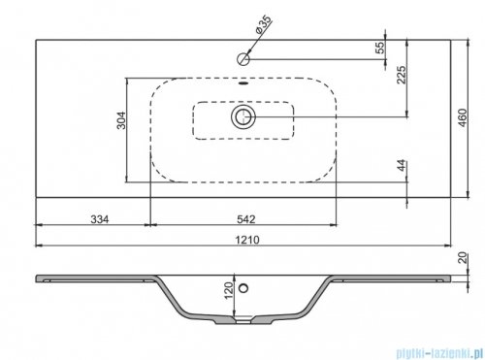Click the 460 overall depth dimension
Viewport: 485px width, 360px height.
(x=470, y=124)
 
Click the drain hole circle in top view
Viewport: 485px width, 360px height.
(x=242, y=118)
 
